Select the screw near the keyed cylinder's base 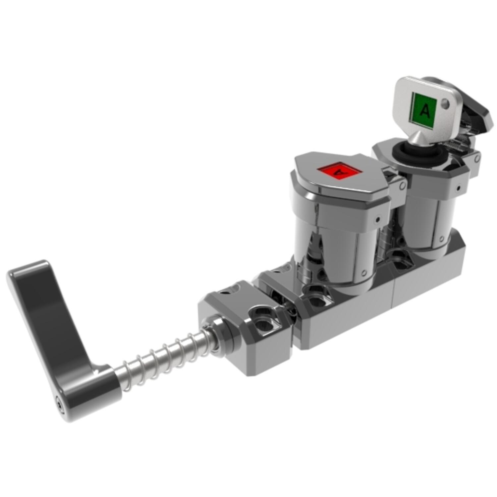[442, 237]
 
